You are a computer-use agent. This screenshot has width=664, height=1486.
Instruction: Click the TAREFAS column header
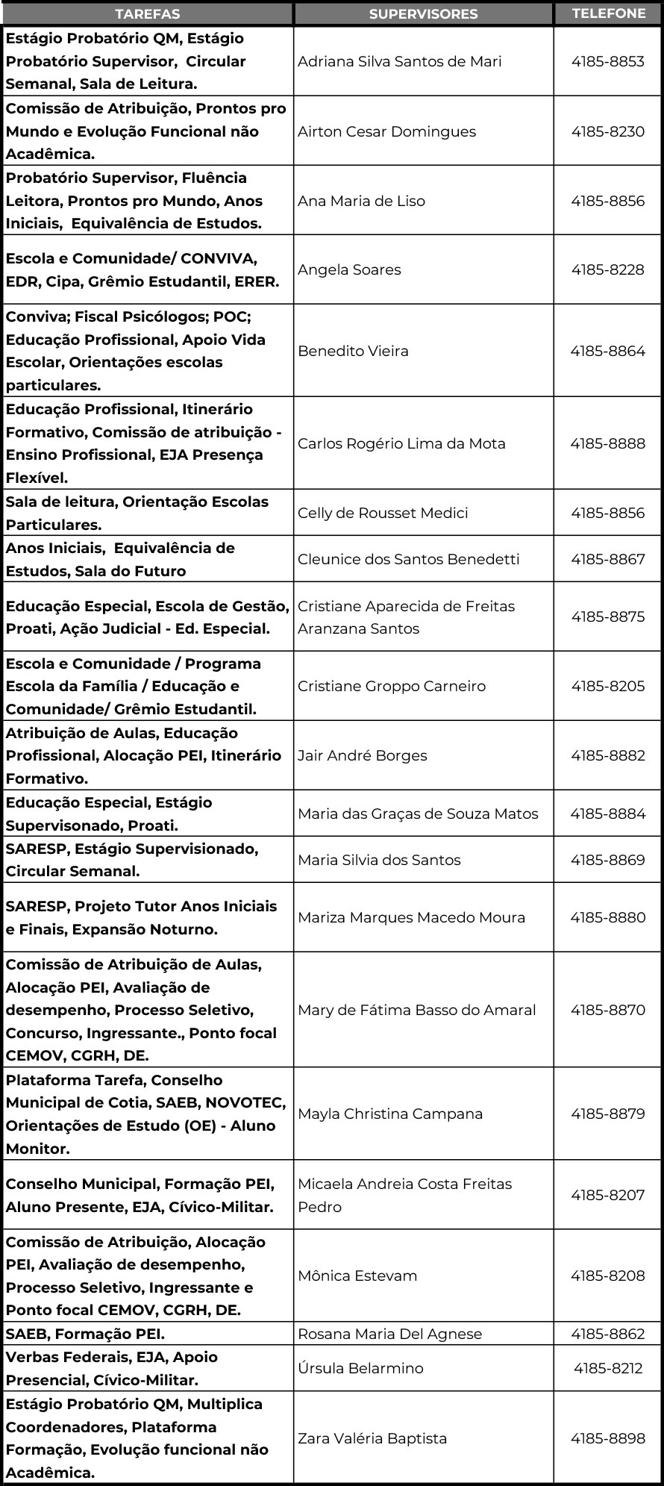[147, 14]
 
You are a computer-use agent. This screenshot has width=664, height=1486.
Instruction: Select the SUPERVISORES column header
[423, 14]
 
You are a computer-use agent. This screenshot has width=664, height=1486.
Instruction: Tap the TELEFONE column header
[608, 13]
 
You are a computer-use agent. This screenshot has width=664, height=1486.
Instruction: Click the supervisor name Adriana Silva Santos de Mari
[399, 62]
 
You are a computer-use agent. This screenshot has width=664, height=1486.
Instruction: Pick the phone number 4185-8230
[607, 131]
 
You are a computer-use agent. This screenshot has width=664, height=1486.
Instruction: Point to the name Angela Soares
[349, 270]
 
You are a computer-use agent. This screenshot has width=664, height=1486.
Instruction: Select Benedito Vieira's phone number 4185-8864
[607, 351]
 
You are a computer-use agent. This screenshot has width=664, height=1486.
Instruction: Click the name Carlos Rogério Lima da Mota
[401, 444]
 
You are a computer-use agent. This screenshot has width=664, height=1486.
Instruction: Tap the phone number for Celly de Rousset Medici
[607, 513]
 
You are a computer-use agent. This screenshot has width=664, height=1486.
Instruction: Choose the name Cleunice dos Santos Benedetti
[408, 559]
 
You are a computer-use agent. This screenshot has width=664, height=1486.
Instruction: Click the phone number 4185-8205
[607, 686]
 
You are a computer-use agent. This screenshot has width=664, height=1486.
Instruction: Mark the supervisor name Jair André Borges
[362, 755]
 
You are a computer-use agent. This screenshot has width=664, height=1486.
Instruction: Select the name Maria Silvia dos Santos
[379, 860]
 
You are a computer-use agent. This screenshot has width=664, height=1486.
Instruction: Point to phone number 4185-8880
[607, 917]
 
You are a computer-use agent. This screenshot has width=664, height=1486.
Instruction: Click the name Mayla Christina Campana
[390, 1114]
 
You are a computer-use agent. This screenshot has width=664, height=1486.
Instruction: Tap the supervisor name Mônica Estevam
[357, 1276]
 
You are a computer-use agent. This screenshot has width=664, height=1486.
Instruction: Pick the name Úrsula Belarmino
[360, 1368]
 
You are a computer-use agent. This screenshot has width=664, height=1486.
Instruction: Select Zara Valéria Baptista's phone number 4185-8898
[607, 1438]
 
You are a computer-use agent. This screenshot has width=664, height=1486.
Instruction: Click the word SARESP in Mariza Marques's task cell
[38, 906]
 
